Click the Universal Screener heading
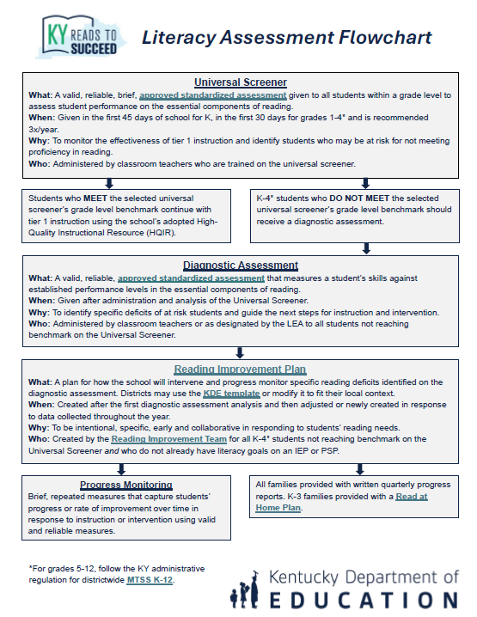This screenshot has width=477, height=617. coord(241,82)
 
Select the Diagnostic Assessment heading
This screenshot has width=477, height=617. coord(241,266)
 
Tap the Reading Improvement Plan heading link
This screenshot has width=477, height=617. coord(240,370)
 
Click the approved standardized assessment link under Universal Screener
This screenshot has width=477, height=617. coord(213,95)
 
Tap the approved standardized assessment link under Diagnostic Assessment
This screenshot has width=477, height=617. coord(191,278)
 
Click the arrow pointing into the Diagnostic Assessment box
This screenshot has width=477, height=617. coord(367,248)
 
